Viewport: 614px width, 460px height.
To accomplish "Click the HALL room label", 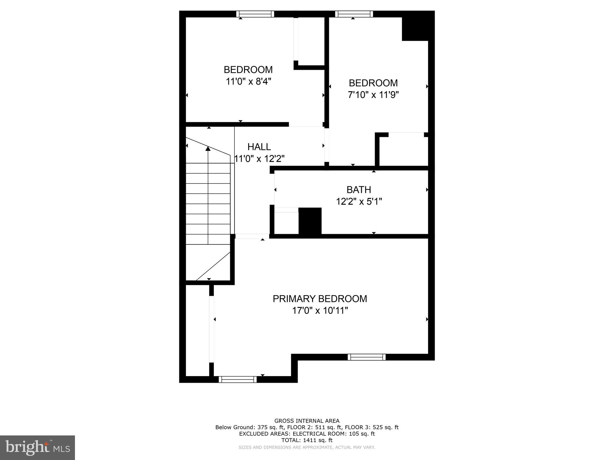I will (x=259, y=147).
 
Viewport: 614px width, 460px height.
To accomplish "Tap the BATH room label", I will (x=359, y=190).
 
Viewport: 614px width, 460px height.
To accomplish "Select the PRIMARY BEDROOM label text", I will (x=320, y=299).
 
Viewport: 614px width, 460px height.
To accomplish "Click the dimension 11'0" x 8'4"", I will (x=248, y=81).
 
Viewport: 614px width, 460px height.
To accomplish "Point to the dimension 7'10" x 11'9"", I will (x=373, y=95).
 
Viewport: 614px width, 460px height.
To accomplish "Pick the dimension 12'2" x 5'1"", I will (x=359, y=202).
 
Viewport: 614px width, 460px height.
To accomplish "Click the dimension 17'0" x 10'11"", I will (x=320, y=311).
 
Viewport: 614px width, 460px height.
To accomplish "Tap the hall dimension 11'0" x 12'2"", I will (x=259, y=159).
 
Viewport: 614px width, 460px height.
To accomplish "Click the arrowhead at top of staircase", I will (x=207, y=148).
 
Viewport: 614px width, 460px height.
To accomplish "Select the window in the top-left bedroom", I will (x=255, y=14).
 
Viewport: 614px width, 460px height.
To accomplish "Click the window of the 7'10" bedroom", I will (x=354, y=14).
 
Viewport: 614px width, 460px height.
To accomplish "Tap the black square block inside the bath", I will (x=310, y=221).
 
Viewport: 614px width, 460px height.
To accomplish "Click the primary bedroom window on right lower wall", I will (x=366, y=357).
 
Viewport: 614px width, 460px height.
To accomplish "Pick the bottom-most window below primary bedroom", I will (x=238, y=379).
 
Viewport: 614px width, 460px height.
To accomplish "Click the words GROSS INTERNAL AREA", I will (x=307, y=421).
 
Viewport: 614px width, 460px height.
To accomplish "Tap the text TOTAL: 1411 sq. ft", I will (x=307, y=440).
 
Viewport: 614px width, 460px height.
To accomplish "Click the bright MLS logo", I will (x=37, y=447).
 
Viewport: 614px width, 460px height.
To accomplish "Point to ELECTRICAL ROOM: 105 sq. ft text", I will (x=334, y=434).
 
